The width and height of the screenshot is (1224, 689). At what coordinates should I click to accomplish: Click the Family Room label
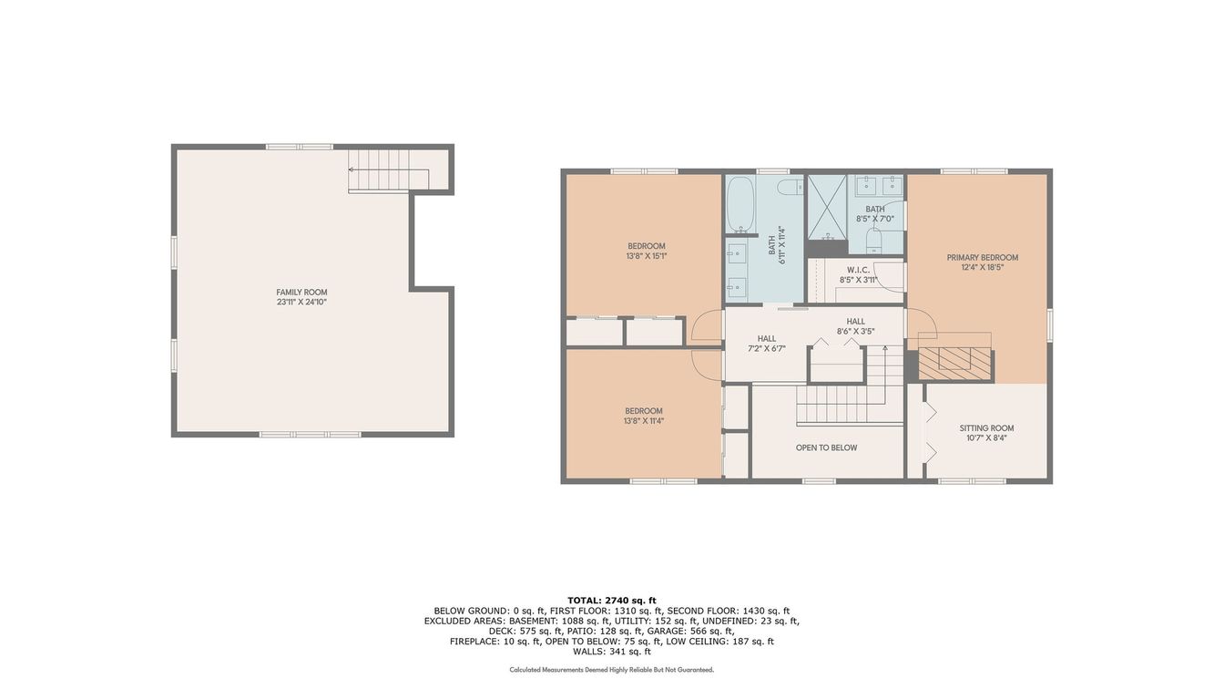tap(301, 292)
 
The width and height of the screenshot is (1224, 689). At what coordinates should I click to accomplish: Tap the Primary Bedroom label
tap(983, 258)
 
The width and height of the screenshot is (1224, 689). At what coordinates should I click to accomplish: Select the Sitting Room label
tap(987, 428)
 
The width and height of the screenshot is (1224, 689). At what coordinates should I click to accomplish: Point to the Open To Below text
tap(826, 447)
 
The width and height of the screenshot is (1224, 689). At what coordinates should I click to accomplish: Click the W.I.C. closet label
tap(859, 270)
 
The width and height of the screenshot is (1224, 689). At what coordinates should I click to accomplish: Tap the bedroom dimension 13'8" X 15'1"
tap(647, 256)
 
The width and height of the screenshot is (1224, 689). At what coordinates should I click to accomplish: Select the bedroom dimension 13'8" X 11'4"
tap(644, 421)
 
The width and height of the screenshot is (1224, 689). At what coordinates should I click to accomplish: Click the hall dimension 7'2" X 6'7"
tap(767, 348)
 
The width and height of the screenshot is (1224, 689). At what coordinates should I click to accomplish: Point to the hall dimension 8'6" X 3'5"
tap(856, 332)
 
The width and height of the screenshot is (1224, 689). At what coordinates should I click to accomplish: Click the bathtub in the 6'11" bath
tap(740, 204)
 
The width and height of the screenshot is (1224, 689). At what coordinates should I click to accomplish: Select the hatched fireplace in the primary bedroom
tap(954, 365)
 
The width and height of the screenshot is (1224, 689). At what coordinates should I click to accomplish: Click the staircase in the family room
tap(389, 170)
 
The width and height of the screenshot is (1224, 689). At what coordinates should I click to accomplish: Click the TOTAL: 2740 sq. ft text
tap(612, 601)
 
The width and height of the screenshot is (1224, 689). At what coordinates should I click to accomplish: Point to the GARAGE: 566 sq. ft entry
tap(700, 631)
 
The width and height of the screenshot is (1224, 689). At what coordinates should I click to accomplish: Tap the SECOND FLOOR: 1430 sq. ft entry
tap(729, 611)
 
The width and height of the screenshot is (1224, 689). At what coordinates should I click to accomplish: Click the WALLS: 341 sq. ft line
tap(612, 652)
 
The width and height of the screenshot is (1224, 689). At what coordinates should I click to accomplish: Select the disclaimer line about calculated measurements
tap(612, 670)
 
